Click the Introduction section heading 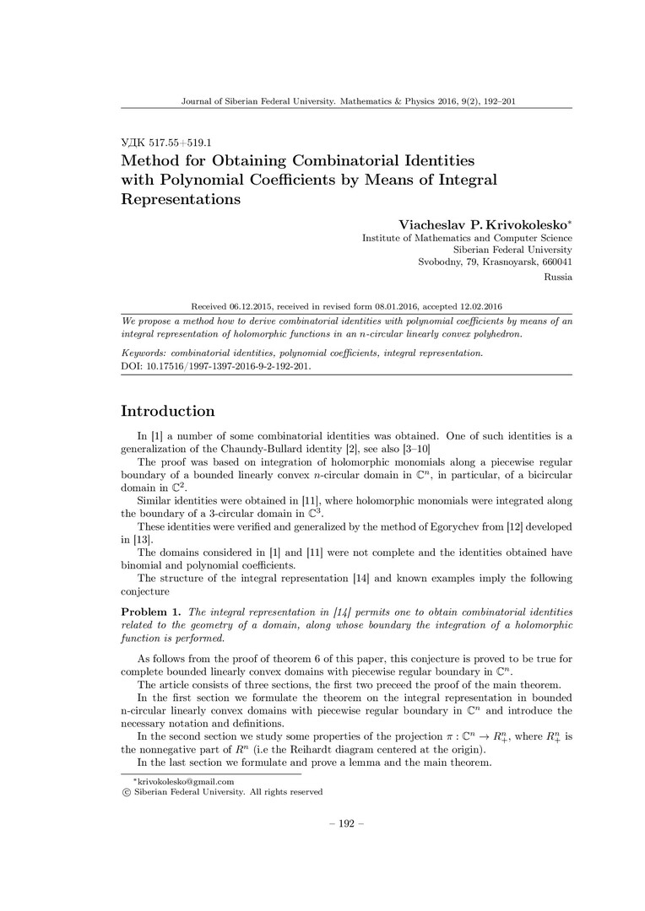[x=168, y=412]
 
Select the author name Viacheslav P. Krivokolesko [x=483, y=224]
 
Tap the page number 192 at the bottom [x=322, y=823]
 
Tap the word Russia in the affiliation [x=558, y=276]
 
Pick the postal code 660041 [x=555, y=261]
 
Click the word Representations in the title [x=182, y=200]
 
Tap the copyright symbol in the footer [x=126, y=792]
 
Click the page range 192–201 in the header [x=496, y=101]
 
